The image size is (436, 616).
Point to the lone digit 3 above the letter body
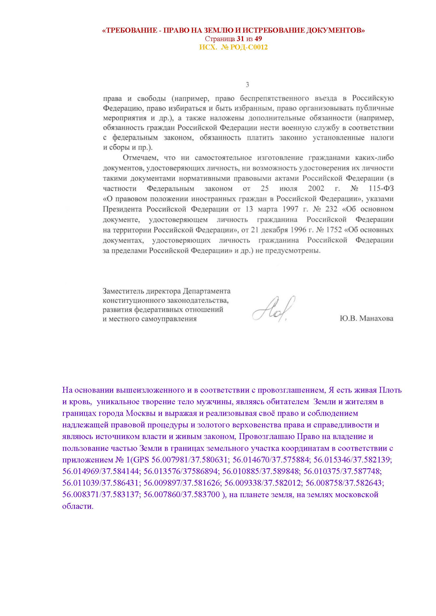coord(247,85)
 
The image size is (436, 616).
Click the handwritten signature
coord(273,309)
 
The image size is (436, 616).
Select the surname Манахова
coord(376,319)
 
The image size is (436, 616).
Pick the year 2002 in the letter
coord(316,189)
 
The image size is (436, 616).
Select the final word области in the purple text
coord(78,506)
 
